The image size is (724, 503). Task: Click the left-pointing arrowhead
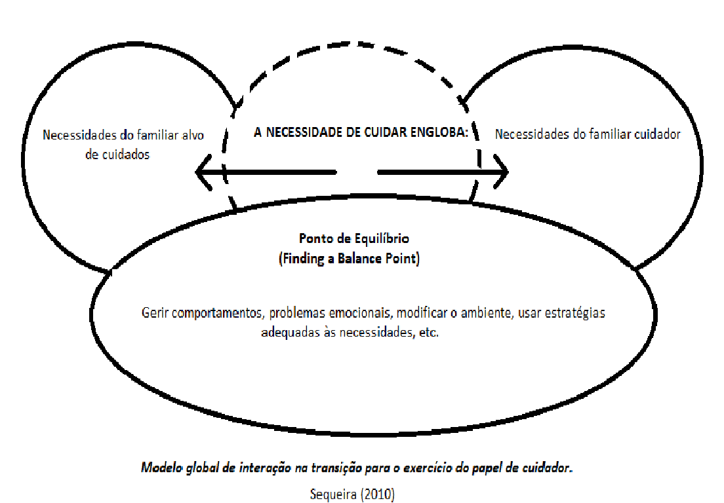(203, 172)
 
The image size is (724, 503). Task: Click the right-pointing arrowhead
(501, 172)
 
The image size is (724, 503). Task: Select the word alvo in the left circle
(193, 135)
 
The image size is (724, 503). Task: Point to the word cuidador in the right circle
(657, 134)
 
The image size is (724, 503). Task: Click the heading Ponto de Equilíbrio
(354, 238)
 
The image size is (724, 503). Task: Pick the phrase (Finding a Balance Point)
(349, 259)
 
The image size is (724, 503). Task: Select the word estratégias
(575, 312)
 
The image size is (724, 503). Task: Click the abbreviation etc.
(429, 333)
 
